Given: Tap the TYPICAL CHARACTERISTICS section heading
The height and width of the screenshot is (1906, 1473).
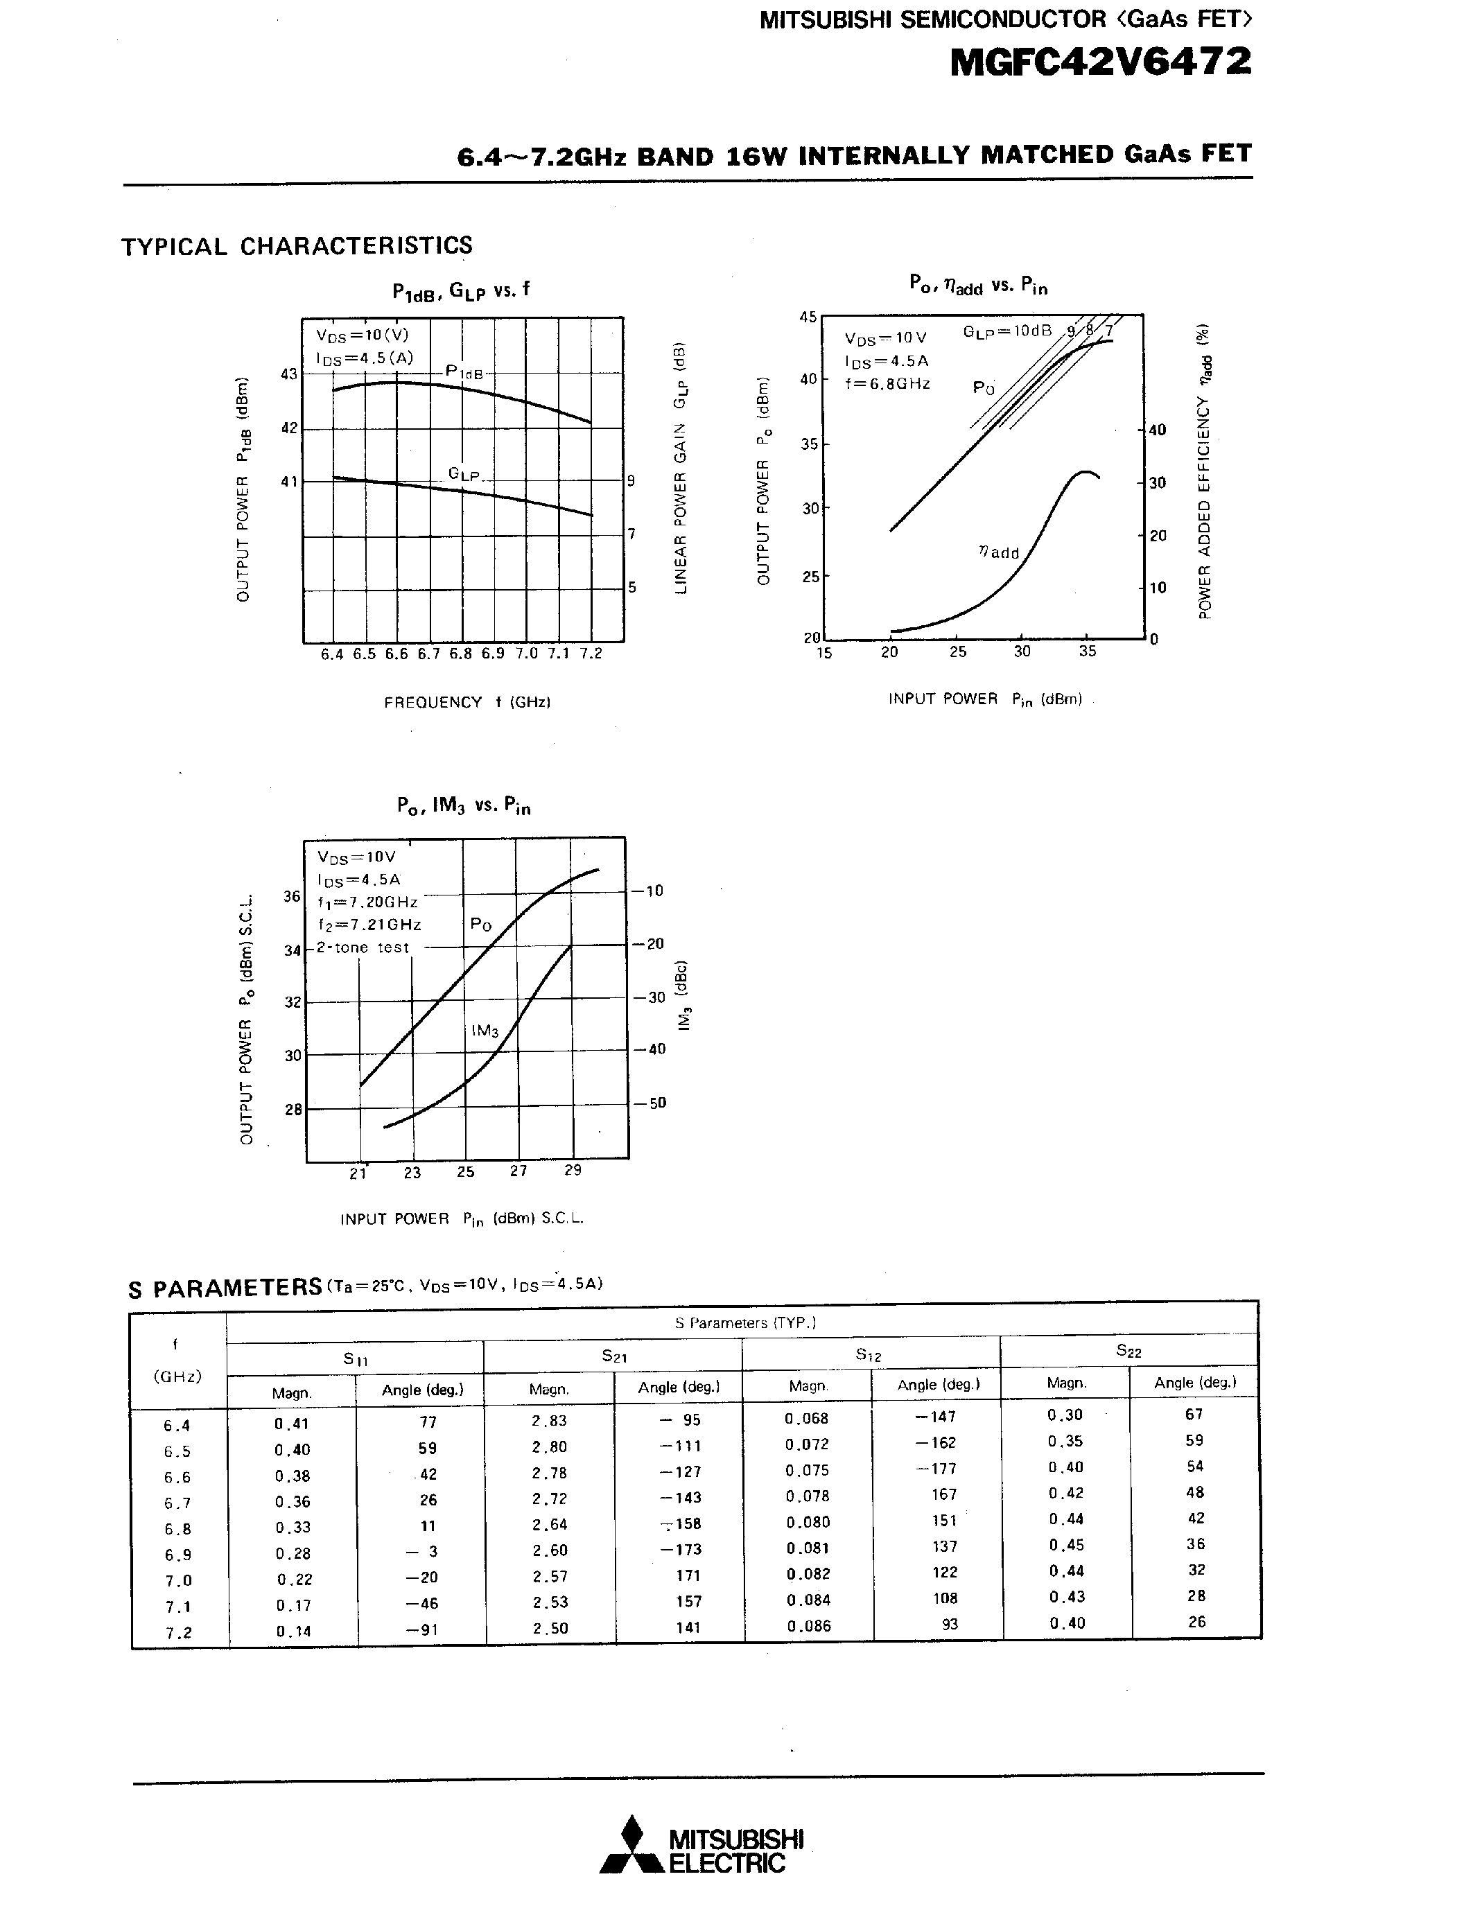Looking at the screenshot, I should (x=297, y=246).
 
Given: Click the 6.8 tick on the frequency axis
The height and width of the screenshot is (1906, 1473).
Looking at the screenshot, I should (x=461, y=654).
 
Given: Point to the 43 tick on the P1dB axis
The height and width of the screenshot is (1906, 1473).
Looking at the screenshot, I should (x=289, y=374).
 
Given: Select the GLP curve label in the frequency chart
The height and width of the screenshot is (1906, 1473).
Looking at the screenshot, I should (x=464, y=474).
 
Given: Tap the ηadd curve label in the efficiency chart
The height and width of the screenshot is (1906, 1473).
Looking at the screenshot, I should (x=998, y=552).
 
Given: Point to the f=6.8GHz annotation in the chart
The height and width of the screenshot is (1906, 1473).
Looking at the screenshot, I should (x=887, y=383).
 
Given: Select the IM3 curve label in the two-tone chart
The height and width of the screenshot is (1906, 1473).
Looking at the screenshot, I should (x=485, y=1031).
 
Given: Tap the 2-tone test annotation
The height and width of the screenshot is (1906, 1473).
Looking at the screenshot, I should (x=362, y=947).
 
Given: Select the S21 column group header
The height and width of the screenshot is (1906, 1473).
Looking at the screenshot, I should (x=613, y=1355).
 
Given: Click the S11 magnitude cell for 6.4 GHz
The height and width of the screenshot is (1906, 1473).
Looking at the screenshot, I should (x=291, y=1424).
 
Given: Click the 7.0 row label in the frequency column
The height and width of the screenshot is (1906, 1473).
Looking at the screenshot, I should (x=178, y=1580).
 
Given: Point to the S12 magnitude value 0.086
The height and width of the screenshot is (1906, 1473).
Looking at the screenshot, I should (x=808, y=1626).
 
